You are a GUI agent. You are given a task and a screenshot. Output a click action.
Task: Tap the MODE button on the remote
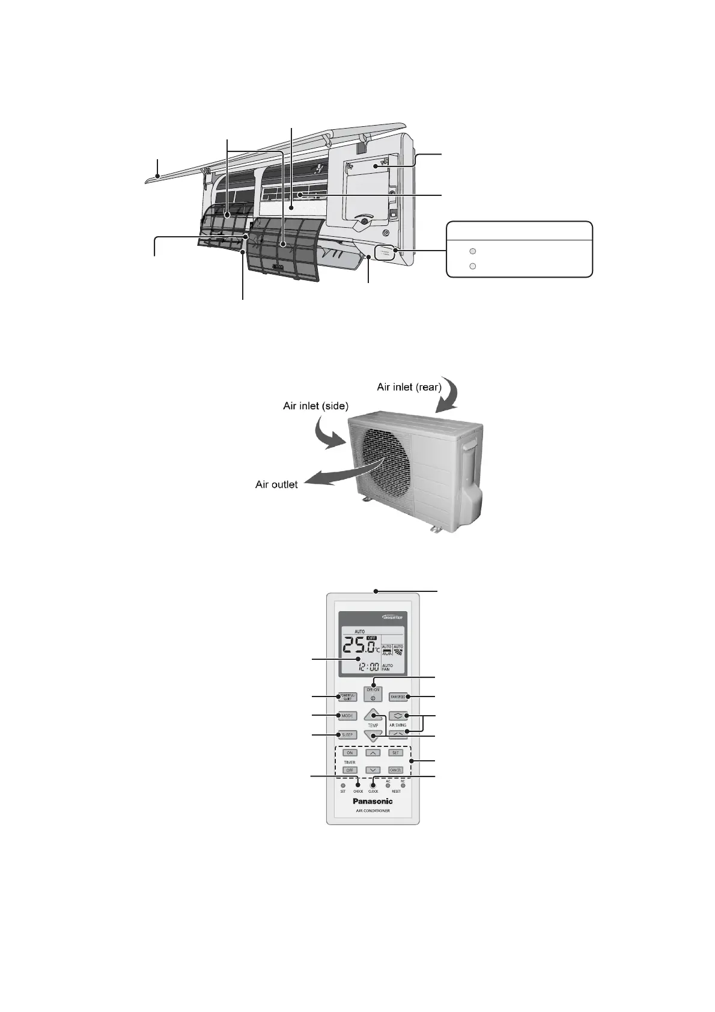pyautogui.click(x=347, y=716)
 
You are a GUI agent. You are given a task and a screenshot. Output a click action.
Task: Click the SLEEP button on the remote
pyautogui.click(x=348, y=734)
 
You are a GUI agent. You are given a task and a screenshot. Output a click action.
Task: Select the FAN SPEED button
pyautogui.click(x=398, y=697)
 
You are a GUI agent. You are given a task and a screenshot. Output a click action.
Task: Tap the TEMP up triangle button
pyautogui.click(x=373, y=715)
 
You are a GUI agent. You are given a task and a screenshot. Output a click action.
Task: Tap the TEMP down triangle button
pyautogui.click(x=373, y=736)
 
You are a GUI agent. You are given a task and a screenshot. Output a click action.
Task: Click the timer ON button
pyautogui.click(x=350, y=752)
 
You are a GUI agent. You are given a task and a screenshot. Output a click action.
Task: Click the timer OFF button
pyautogui.click(x=350, y=770)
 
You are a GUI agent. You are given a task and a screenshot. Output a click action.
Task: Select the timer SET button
pyautogui.click(x=395, y=752)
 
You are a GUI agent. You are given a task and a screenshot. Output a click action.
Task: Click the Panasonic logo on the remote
pyautogui.click(x=373, y=800)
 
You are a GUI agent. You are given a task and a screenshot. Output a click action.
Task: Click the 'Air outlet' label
pyautogui.click(x=276, y=484)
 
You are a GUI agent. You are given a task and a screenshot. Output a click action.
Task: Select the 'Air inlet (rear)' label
pyautogui.click(x=409, y=387)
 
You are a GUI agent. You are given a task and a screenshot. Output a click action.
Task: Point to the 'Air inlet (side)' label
pyautogui.click(x=315, y=406)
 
